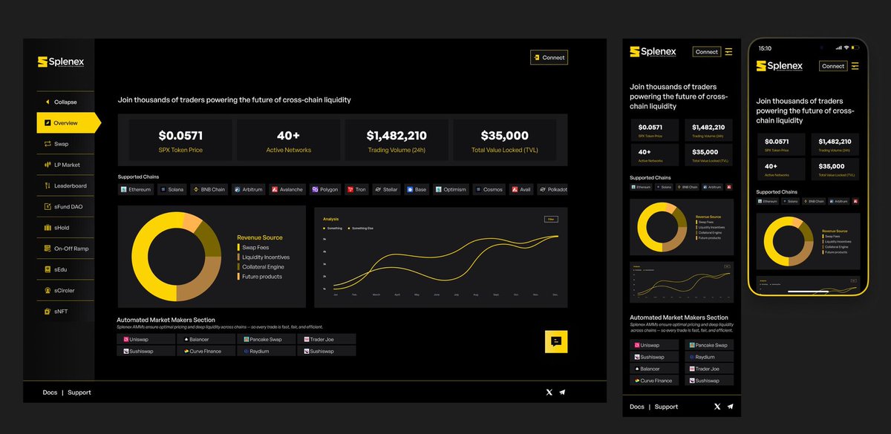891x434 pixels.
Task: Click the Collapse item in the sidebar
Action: coord(65,102)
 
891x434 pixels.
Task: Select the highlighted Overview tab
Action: coord(67,123)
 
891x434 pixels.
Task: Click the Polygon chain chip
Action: coord(325,190)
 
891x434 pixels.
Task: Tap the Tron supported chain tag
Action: coord(356,190)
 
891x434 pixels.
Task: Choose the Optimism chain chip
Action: coord(451,190)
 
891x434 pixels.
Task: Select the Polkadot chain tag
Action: coord(552,190)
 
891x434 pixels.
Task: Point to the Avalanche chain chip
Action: coord(287,190)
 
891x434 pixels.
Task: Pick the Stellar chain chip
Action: coord(387,190)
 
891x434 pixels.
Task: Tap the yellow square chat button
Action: coord(556,341)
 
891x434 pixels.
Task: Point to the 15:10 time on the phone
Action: coord(764,48)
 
